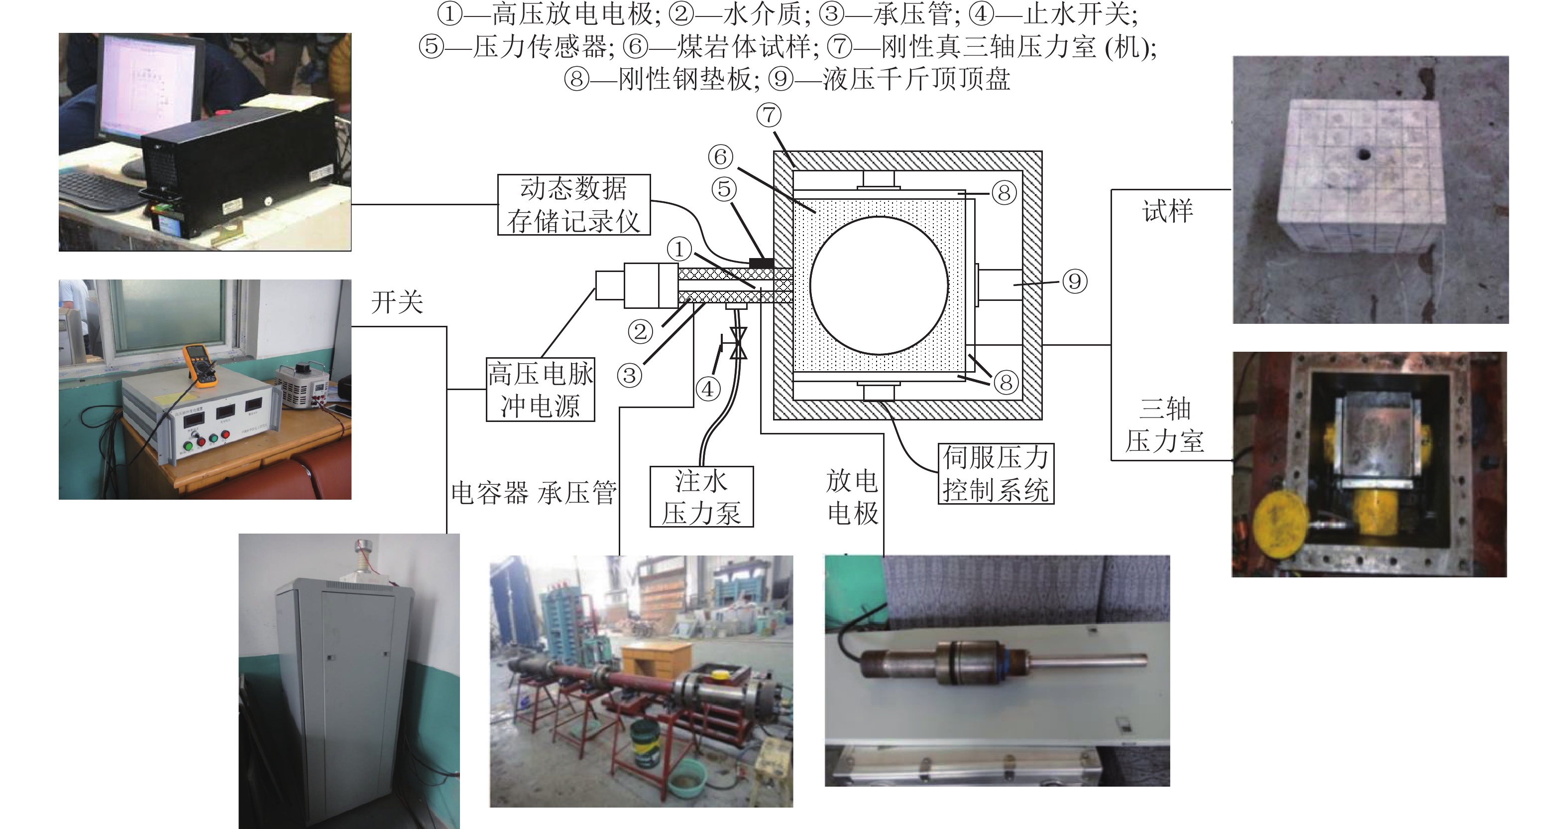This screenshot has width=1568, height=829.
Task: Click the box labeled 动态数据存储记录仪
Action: (x=573, y=205)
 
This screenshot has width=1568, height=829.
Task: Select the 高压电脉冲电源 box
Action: (x=540, y=390)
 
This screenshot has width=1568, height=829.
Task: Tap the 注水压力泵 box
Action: (x=701, y=496)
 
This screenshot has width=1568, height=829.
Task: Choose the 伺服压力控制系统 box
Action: (x=995, y=474)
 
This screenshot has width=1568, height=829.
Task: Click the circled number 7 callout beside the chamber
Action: (x=769, y=115)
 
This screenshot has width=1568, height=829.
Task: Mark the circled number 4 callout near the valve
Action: (x=707, y=389)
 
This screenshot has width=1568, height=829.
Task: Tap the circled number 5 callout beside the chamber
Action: (x=724, y=189)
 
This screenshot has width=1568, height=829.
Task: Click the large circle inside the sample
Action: (x=879, y=285)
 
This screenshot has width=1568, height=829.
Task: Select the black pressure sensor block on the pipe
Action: (x=761, y=263)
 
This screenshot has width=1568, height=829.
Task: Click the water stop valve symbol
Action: (x=738, y=343)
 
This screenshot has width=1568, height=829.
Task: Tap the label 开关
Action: (x=397, y=302)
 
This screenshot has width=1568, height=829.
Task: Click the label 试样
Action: (x=1167, y=211)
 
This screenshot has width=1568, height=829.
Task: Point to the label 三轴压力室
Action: (x=1164, y=424)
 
